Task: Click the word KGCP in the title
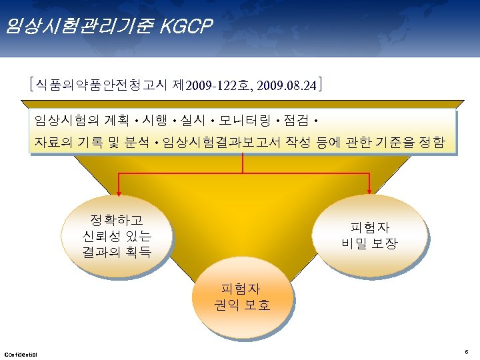click(x=187, y=26)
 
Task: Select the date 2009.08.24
click(x=287, y=86)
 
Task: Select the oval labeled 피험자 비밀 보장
click(x=369, y=235)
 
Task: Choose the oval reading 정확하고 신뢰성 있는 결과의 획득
click(x=117, y=236)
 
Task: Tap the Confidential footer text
click(x=21, y=353)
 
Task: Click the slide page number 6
click(x=467, y=351)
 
